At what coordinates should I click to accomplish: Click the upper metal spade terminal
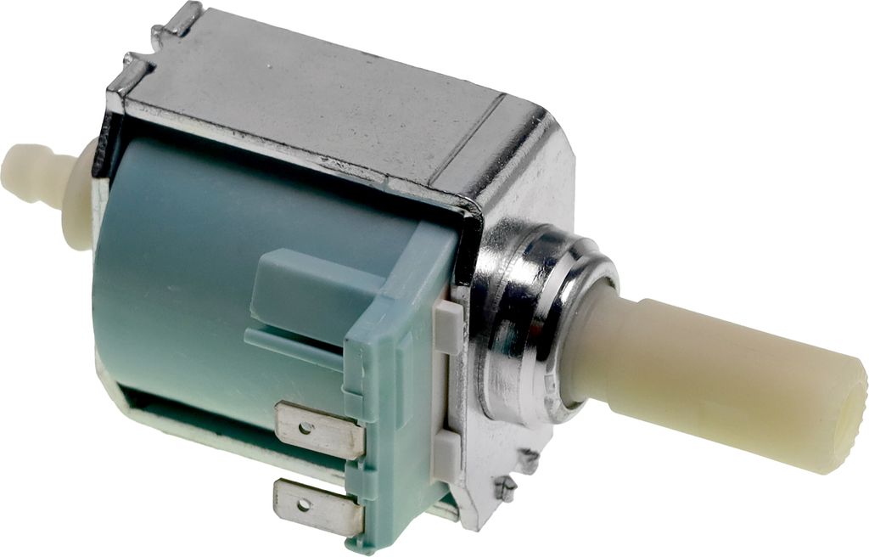click(x=319, y=430)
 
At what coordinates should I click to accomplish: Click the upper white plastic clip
click(x=447, y=327)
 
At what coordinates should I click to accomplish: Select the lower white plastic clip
click(x=445, y=455)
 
